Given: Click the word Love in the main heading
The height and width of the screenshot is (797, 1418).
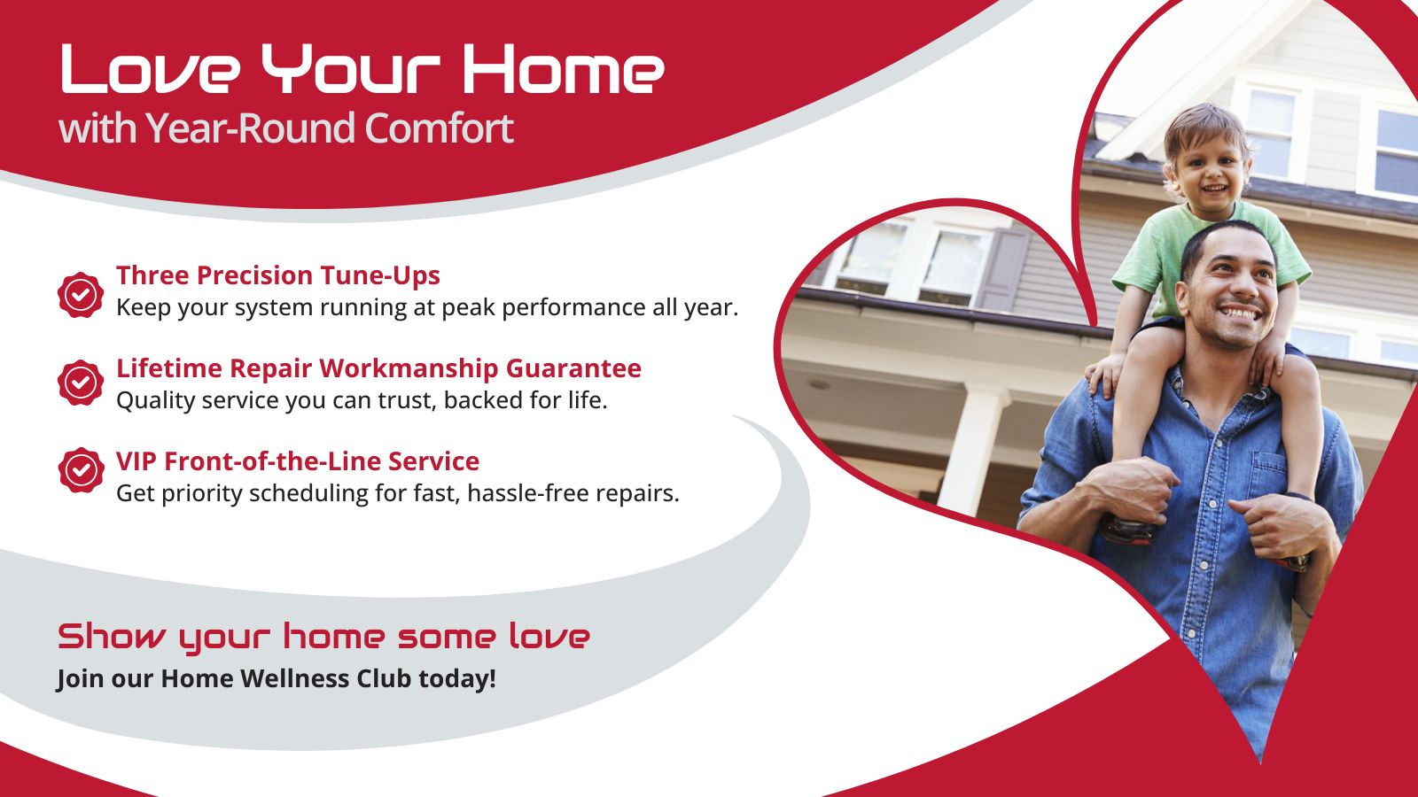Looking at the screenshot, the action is [x=150, y=69].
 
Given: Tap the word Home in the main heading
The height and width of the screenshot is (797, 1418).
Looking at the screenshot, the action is [x=563, y=69].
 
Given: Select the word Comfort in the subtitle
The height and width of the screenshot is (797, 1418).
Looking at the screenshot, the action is [x=439, y=128].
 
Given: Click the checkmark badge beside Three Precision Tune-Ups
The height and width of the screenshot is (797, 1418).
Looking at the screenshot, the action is [x=81, y=295].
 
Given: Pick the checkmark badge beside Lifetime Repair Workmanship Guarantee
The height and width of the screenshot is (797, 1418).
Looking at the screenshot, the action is [x=81, y=382].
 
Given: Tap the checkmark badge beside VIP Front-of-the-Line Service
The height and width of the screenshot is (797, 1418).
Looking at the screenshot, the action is [x=81, y=470].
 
